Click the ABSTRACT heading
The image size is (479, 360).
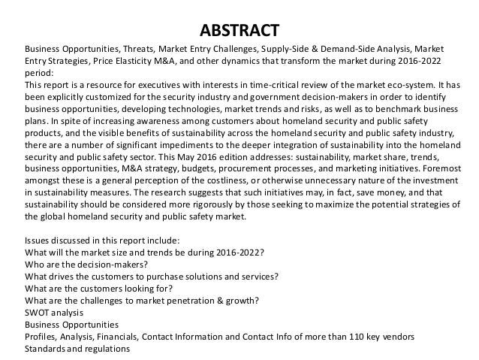click(x=240, y=31)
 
